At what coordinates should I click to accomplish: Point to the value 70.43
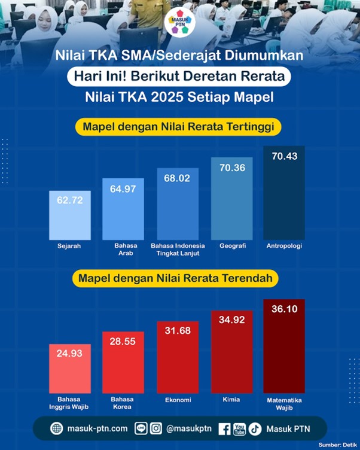[x=284, y=156]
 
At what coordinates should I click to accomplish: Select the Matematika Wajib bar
[x=284, y=347]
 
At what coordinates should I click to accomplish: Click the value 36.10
[x=284, y=309]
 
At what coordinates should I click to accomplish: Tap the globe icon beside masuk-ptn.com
[x=57, y=428]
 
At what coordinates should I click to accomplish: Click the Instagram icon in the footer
[x=156, y=428]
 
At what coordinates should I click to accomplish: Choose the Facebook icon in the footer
[x=224, y=428]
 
